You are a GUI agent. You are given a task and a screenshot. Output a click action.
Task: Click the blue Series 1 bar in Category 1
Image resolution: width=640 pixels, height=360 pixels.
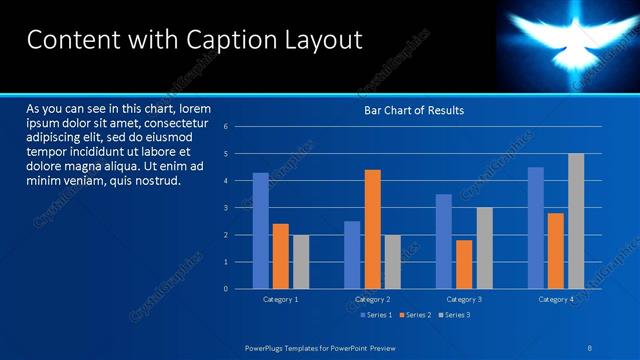(261, 231)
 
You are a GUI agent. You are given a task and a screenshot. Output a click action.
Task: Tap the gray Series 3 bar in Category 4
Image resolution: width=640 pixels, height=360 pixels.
(576, 221)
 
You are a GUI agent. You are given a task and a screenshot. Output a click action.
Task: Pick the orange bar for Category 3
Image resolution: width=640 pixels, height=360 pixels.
(464, 264)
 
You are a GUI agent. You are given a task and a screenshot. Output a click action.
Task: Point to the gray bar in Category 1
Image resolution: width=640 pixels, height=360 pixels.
(300, 262)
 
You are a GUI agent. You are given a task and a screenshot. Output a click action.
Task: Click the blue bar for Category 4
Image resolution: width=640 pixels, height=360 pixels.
(536, 228)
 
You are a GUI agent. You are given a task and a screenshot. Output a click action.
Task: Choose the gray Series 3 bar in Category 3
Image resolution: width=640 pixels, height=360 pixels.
(484, 248)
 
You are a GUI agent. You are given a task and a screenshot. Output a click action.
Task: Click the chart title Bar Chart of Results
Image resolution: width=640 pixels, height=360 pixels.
(413, 110)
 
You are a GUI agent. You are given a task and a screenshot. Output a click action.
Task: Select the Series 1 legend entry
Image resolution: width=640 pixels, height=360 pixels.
(375, 315)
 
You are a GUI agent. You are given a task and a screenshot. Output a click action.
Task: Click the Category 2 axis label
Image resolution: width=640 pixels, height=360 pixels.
(372, 299)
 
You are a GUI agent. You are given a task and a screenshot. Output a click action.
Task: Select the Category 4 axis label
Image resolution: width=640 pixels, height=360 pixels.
(556, 299)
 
